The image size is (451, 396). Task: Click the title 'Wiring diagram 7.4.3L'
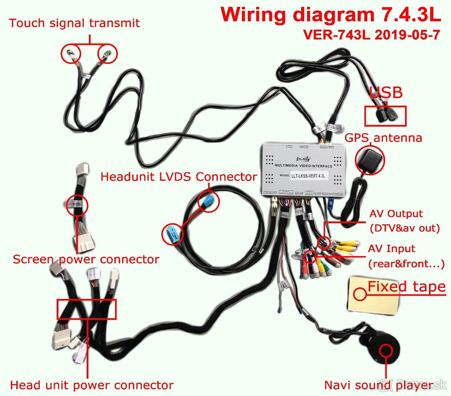tap(330, 15)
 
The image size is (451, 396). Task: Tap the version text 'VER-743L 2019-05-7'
tap(371, 35)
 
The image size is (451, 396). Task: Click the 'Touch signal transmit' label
tap(74, 23)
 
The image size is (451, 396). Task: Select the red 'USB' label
tap(386, 93)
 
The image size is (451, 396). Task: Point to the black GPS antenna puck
tap(369, 160)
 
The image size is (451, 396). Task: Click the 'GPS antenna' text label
tap(383, 138)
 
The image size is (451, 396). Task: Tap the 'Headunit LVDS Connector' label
tap(179, 177)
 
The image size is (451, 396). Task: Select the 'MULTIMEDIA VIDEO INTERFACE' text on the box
tap(304, 166)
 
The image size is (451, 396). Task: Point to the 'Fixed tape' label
tap(406, 287)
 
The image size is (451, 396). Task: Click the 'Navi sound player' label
tap(378, 385)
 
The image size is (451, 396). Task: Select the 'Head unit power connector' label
tap(92, 385)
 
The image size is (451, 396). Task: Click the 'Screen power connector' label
tap(86, 259)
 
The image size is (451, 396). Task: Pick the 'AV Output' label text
tap(396, 214)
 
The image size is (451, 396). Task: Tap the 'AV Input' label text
tap(391, 249)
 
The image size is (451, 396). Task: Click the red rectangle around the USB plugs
tap(385, 116)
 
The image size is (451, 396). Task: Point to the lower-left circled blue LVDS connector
tap(173, 234)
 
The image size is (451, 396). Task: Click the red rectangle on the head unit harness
tap(86, 309)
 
